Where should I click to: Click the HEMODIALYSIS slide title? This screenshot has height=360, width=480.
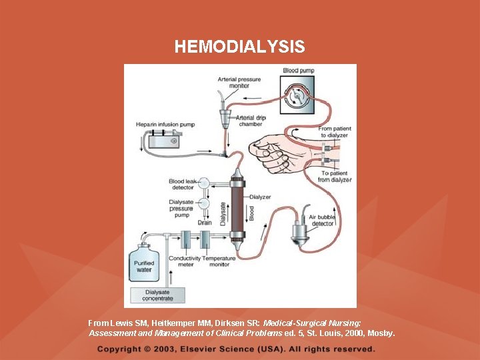[x=239, y=47]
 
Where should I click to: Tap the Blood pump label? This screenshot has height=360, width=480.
[x=299, y=70]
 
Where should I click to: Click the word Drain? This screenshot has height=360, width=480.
[x=204, y=223]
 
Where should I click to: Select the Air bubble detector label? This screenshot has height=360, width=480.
[x=323, y=219]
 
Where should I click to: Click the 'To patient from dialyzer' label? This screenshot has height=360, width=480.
[x=335, y=177]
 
